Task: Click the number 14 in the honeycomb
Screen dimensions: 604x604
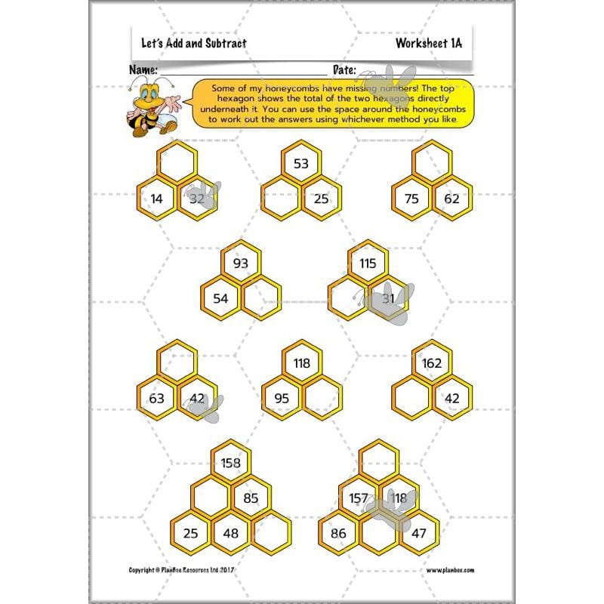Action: point(156,199)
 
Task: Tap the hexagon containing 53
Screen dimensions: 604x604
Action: point(301,164)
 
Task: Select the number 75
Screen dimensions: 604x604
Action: point(411,199)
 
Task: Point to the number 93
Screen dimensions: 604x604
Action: point(240,263)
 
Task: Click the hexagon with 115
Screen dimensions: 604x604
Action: point(368,263)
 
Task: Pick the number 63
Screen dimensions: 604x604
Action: point(156,398)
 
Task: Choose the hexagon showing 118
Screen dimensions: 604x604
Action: point(301,363)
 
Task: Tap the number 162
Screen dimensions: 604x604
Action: point(432,363)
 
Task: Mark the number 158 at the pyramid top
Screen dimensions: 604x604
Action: point(231,463)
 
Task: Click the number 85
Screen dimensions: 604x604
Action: point(251,498)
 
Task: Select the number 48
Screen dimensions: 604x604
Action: point(231,533)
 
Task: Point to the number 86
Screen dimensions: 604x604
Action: point(338,533)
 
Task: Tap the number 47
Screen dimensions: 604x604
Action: point(418,533)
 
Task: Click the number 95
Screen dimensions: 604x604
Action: point(281,398)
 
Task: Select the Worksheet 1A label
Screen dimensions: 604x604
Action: point(428,44)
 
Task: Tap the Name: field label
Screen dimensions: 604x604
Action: point(143,69)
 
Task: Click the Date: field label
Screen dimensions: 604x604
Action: point(344,69)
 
